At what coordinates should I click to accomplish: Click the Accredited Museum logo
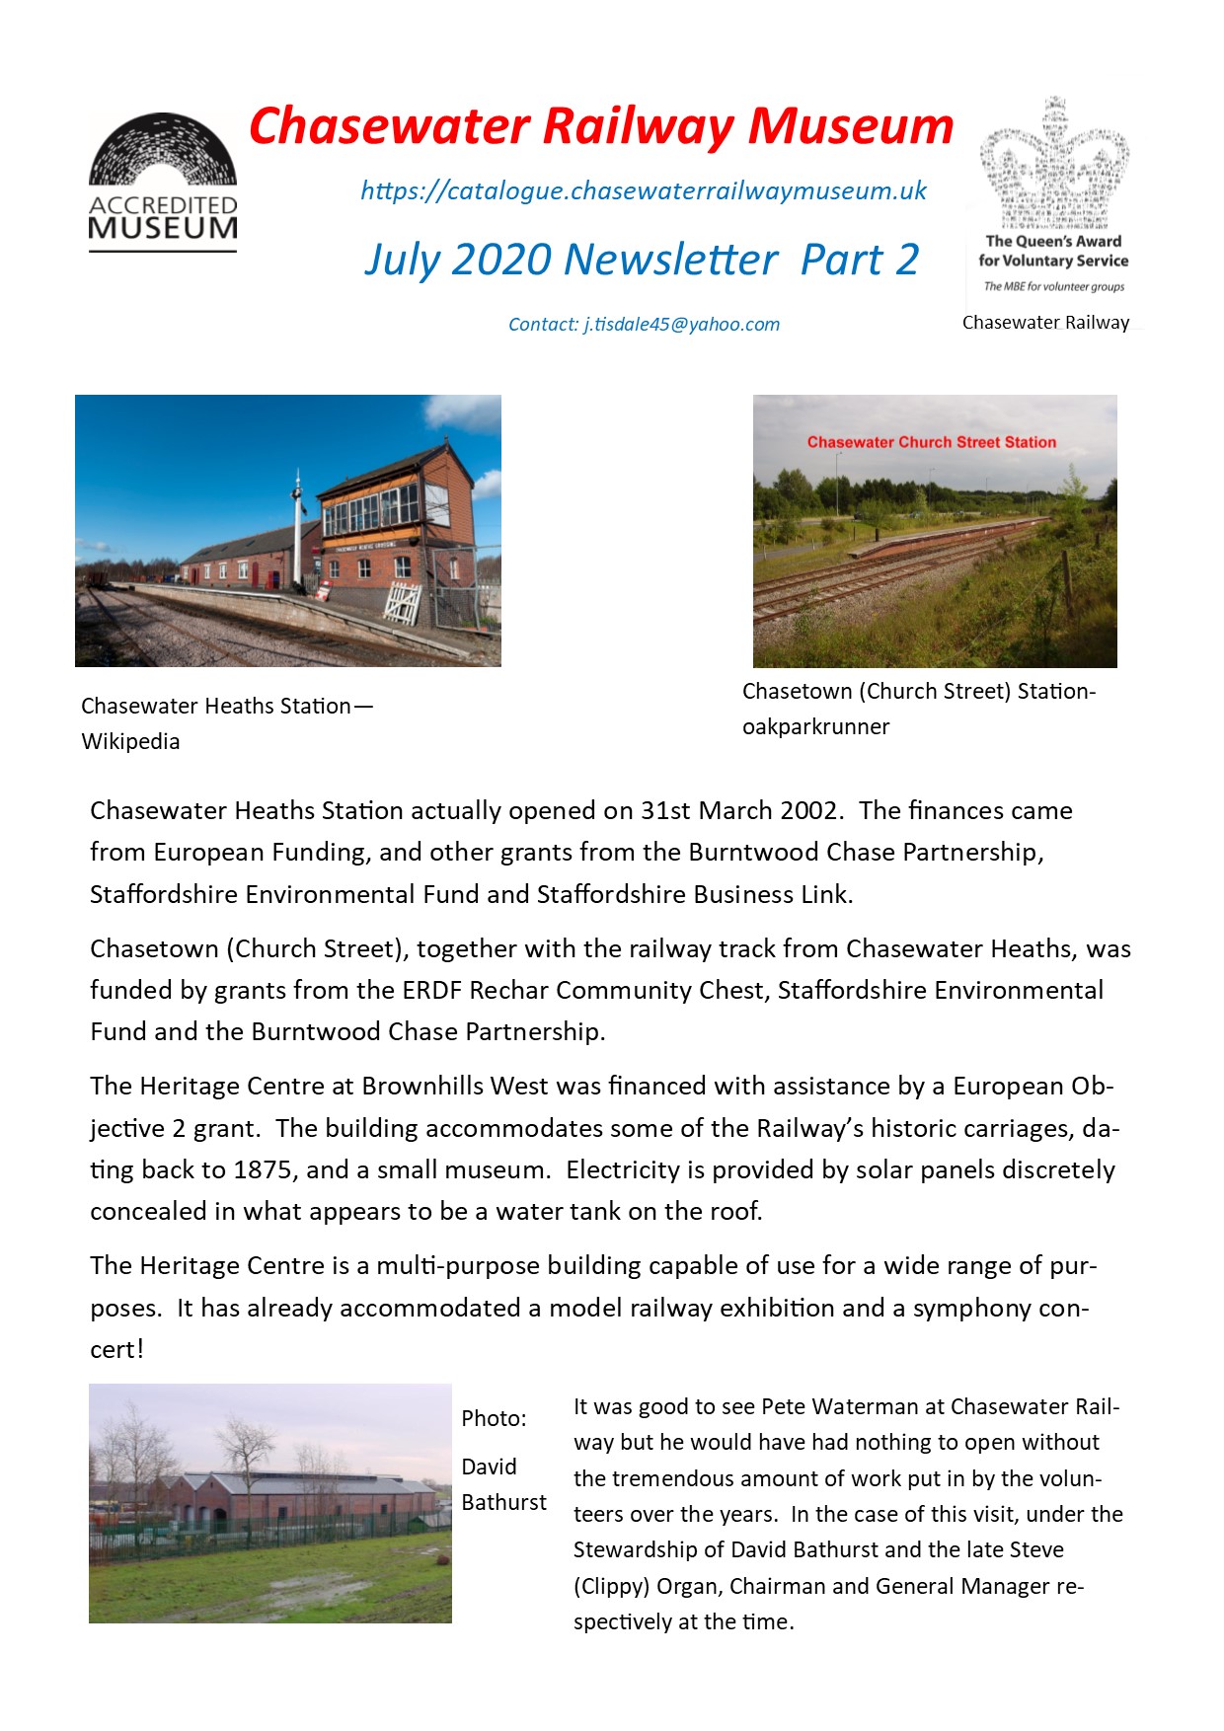(163, 182)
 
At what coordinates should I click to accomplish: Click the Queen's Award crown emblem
(1054, 163)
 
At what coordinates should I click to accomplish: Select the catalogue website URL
(644, 190)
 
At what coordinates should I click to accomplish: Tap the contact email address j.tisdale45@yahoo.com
(681, 325)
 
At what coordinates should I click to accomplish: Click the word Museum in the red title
(850, 126)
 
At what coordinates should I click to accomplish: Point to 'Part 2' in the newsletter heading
(860, 261)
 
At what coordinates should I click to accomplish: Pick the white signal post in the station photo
(296, 533)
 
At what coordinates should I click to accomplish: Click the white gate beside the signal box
(403, 602)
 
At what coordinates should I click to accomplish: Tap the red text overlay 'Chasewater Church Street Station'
(931, 442)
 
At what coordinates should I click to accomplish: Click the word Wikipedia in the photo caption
(130, 742)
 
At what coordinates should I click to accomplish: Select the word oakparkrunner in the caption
(815, 727)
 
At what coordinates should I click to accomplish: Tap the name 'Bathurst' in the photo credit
(503, 1503)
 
